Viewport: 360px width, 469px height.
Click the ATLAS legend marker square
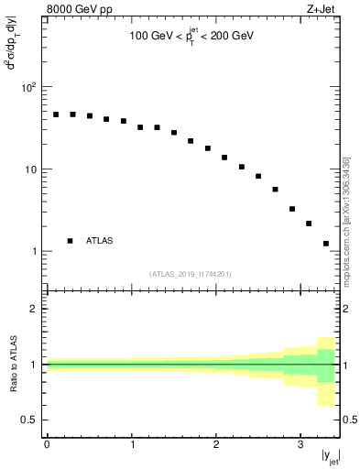70,241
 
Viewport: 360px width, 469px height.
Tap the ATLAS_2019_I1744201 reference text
191,273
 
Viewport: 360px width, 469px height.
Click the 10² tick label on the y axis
29,87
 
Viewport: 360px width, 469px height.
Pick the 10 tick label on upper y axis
32,169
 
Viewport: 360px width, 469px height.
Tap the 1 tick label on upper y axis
35,251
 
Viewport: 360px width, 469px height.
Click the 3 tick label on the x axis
300,444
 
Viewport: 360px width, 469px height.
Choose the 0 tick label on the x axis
47,444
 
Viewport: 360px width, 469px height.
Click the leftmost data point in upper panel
56,115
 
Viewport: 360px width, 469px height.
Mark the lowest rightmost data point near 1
326,244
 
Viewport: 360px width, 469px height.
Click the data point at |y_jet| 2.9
292,209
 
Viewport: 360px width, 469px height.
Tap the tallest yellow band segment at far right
326,371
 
